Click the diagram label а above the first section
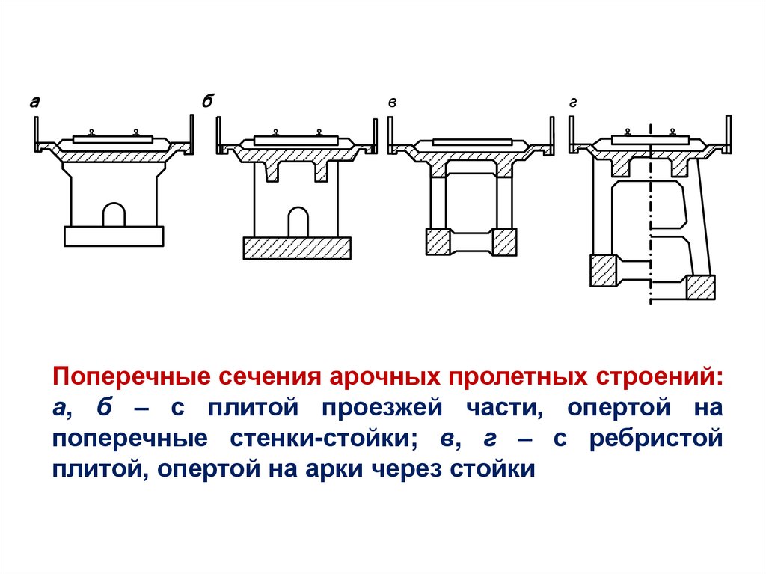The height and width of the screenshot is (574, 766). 34,103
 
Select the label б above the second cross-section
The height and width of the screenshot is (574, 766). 207,102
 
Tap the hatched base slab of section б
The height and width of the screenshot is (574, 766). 297,248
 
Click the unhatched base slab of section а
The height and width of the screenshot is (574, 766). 114,236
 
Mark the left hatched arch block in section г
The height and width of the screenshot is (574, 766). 602,271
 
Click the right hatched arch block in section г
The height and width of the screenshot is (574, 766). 701,287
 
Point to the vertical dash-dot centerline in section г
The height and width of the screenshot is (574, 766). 650,225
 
